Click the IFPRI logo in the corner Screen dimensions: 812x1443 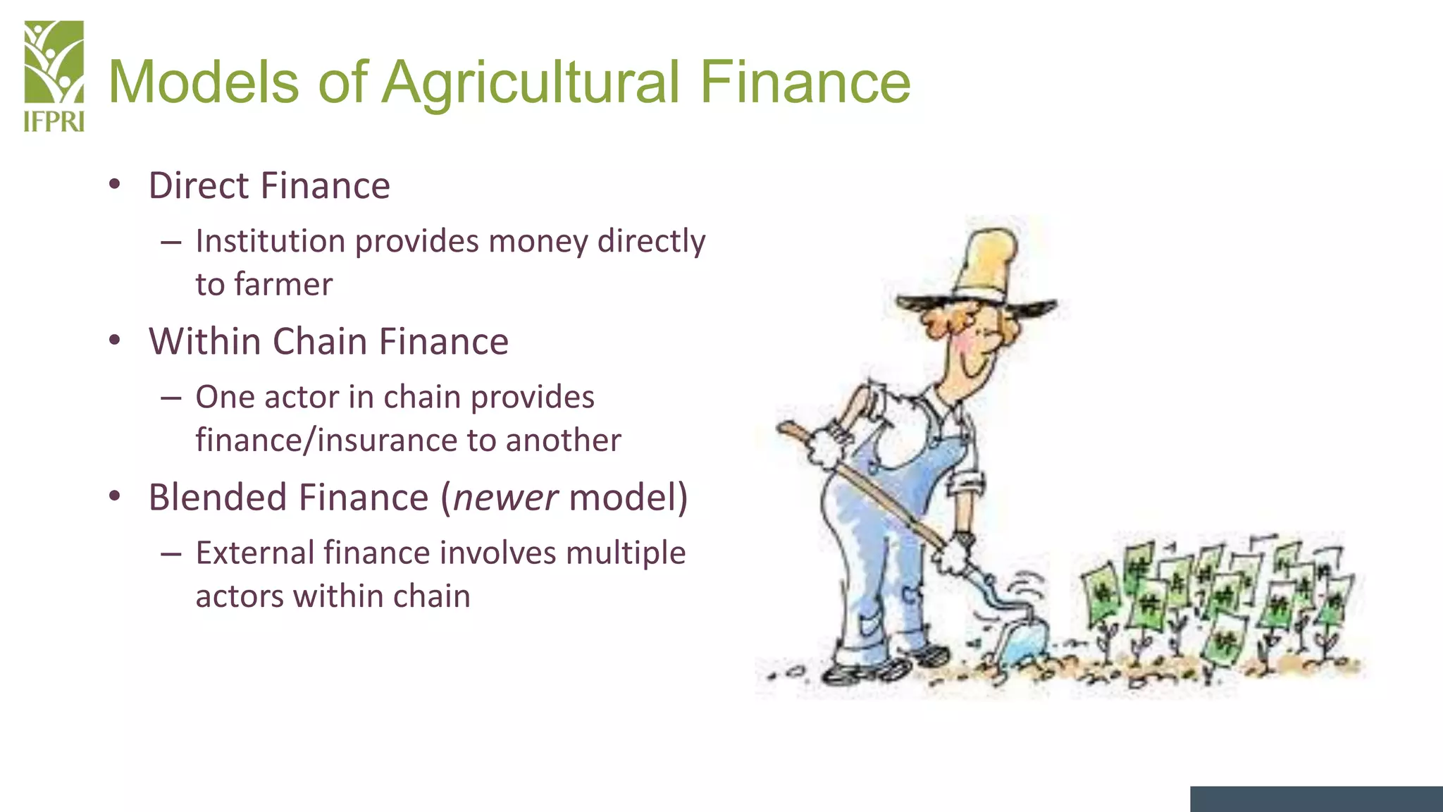[54, 76]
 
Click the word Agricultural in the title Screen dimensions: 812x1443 [531, 82]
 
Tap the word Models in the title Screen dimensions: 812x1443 [203, 82]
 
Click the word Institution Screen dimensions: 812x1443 [271, 242]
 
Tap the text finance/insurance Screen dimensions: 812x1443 [326, 441]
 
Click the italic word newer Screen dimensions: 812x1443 [505, 498]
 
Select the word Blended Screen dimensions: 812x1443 [218, 498]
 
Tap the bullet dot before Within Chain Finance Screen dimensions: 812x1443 [115, 341]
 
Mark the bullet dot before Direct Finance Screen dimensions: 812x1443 [115, 185]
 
